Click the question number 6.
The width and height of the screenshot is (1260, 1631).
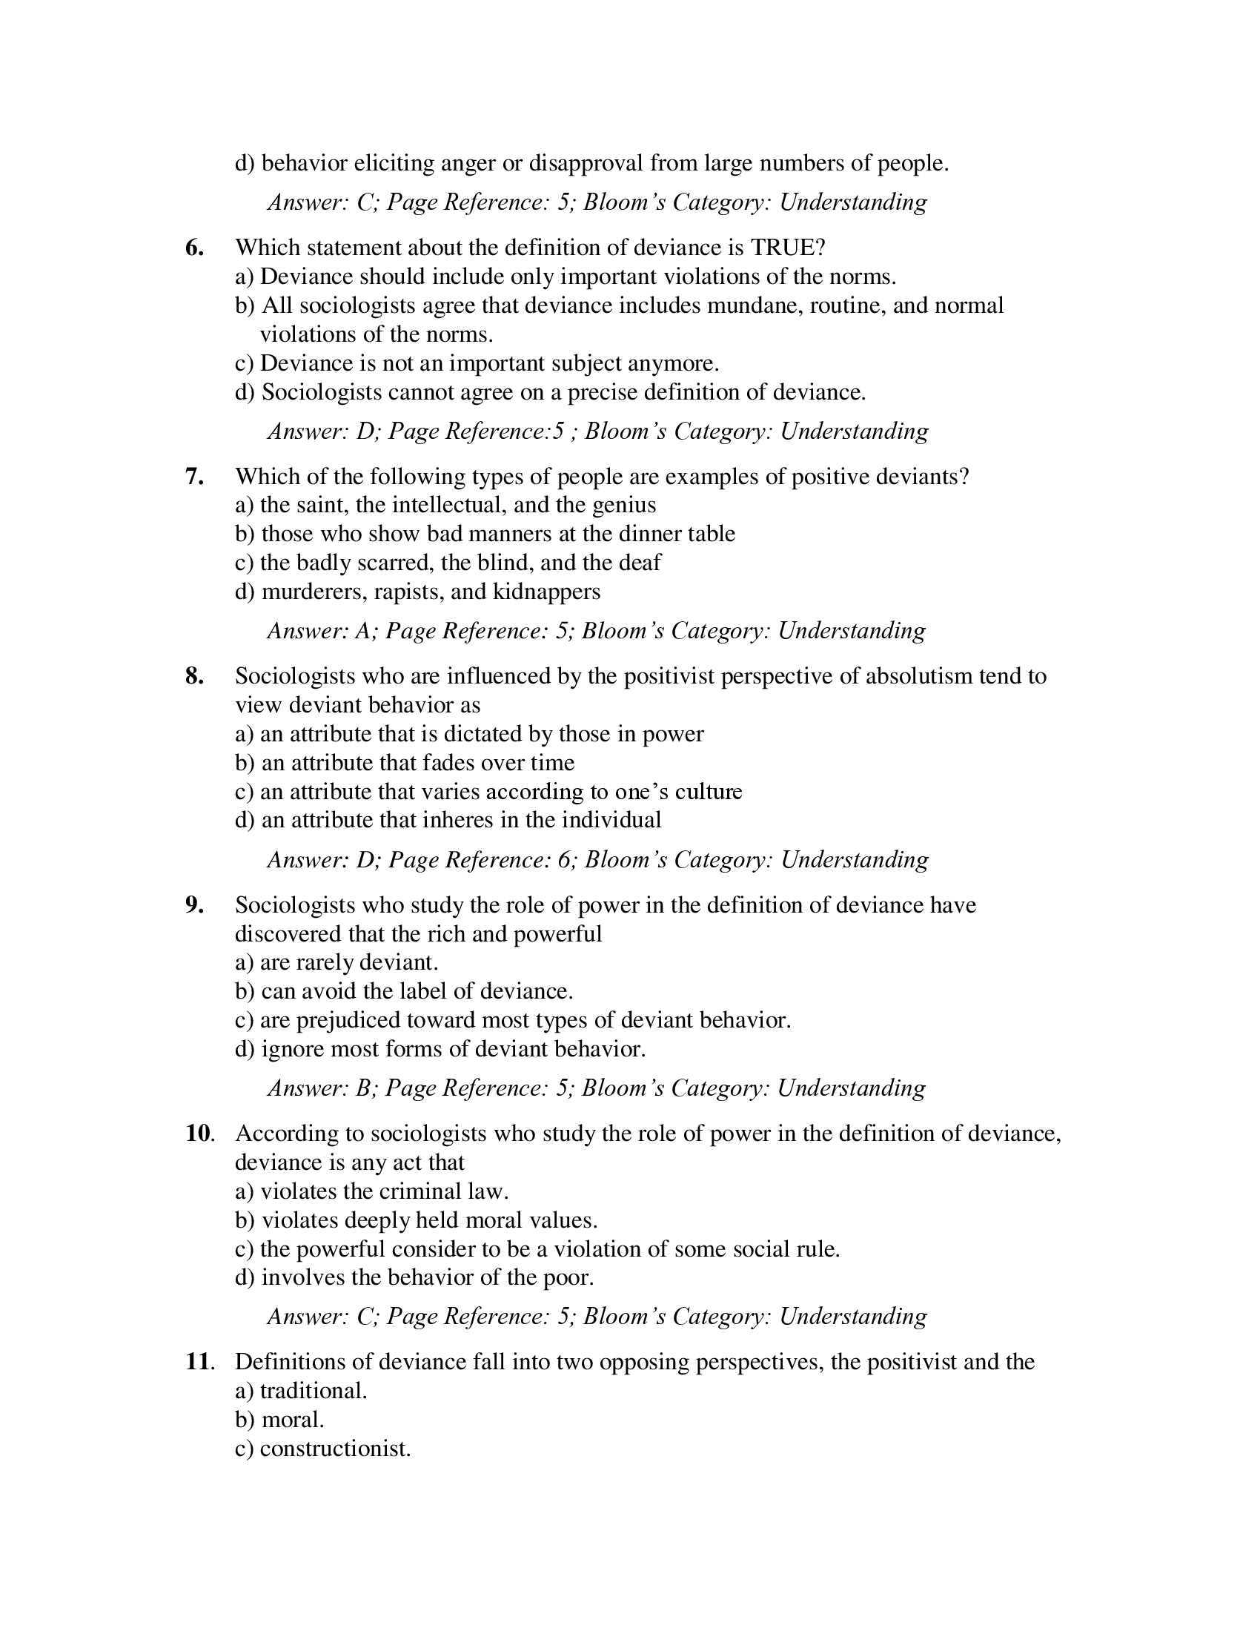194,248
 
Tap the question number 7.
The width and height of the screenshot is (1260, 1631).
194,477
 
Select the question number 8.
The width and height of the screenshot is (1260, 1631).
194,676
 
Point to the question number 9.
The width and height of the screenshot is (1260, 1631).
194,905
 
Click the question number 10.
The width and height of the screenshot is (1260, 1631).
199,1134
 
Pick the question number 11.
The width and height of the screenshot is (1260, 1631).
199,1362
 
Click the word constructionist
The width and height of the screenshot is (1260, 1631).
335,1449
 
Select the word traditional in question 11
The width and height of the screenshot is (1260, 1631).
314,1392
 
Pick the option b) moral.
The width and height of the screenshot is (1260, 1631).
279,1420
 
